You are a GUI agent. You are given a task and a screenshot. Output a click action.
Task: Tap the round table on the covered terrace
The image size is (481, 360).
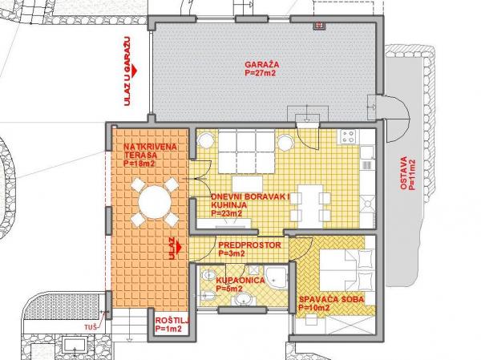point(155,202)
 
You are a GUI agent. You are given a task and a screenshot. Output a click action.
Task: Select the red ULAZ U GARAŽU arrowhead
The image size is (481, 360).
point(134,71)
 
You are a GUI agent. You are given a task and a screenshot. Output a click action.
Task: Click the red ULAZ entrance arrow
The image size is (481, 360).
point(179,246)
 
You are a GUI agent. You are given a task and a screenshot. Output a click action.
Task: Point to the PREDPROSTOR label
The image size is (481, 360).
point(249,245)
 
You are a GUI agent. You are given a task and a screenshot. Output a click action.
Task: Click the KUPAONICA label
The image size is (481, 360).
point(240,280)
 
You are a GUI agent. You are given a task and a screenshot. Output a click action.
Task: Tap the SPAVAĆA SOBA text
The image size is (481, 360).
point(332,299)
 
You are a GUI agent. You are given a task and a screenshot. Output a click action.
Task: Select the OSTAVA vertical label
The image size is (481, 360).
point(404,173)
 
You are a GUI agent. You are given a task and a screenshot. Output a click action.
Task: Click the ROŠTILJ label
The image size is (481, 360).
point(172,321)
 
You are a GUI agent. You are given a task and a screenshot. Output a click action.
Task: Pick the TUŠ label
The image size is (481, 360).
point(91,327)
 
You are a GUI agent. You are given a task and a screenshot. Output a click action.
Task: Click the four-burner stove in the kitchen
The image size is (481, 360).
point(348,136)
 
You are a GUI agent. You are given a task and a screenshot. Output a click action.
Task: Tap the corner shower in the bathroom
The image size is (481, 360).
point(277,278)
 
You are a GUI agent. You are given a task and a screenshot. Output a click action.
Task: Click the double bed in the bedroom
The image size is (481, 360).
point(347,270)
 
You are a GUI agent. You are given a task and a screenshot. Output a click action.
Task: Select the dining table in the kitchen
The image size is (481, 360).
point(310,206)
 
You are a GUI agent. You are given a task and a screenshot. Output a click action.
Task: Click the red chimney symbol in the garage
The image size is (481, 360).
point(319,26)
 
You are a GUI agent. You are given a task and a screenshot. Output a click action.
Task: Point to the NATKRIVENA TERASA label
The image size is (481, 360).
point(150,151)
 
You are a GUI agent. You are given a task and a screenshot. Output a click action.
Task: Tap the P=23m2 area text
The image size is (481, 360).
point(226,213)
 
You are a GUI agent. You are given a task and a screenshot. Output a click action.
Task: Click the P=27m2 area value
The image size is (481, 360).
point(261,73)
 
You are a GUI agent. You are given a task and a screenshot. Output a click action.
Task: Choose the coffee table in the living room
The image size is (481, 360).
point(247,184)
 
